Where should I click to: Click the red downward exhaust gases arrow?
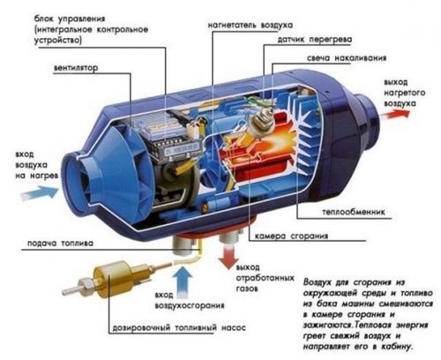232,259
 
